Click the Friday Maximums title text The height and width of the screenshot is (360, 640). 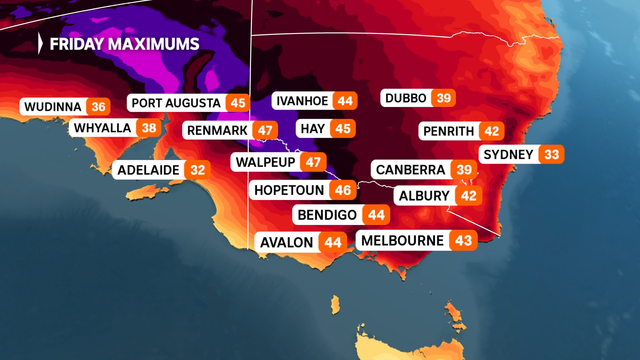124,44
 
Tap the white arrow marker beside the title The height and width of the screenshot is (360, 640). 40,43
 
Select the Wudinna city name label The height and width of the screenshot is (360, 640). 53,107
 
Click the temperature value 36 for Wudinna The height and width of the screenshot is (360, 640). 98,107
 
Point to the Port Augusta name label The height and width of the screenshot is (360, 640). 176,103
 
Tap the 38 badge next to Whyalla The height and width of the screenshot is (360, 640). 149,128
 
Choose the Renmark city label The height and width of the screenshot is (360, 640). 217,130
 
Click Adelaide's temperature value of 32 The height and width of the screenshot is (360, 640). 198,170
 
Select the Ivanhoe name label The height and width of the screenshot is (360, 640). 302,101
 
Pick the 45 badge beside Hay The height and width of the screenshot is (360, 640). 343,129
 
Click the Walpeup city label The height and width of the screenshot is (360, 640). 265,162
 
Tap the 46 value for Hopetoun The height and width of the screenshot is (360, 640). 343,190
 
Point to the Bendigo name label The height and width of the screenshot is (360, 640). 327,215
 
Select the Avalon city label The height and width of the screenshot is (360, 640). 286,242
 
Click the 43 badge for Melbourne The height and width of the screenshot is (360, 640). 463,240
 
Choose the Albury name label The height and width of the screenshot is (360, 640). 424,196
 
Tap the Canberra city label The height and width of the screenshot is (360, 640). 410,170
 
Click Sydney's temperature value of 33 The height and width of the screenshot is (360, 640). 552,154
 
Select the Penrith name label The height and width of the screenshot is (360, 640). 449,131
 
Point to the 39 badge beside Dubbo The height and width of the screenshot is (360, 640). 444,98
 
